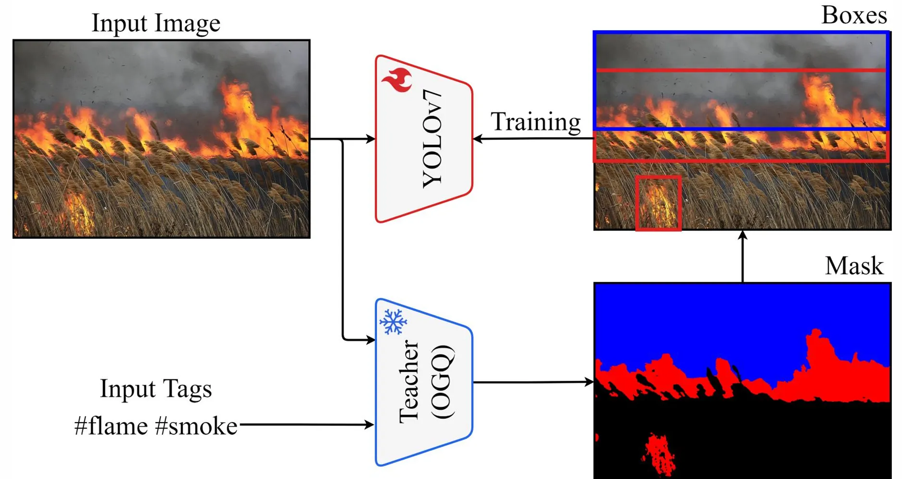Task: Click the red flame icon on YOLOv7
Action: [397, 80]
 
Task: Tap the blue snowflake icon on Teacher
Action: [393, 322]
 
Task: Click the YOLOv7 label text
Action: [432, 139]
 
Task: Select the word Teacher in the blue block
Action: [409, 382]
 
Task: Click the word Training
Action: [535, 122]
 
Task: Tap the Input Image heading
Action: [156, 23]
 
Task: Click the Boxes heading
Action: [854, 15]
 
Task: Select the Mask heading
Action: [854, 266]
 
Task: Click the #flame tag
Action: [111, 426]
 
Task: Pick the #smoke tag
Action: [196, 426]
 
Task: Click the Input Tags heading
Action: [156, 388]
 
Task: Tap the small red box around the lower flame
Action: [658, 203]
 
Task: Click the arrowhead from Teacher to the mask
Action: [590, 382]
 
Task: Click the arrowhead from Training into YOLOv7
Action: [478, 139]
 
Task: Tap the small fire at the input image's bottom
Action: [79, 212]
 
